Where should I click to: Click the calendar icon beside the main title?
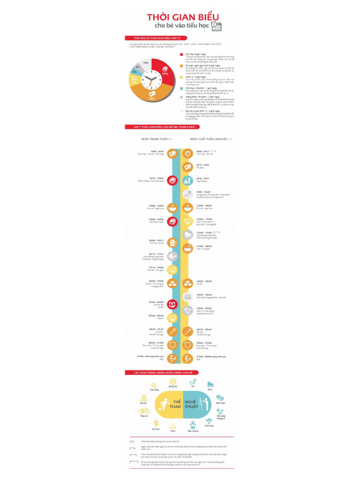216,27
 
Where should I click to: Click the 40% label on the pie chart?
152,99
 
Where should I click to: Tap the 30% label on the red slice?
165,73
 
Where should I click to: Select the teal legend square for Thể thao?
181,88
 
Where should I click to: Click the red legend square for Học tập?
181,54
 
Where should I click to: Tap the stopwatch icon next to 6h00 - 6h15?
188,153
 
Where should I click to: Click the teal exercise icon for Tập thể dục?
188,180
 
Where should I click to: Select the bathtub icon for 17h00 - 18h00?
188,247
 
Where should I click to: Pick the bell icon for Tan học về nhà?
173,242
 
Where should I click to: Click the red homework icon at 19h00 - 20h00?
173,304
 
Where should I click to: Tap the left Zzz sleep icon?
173,358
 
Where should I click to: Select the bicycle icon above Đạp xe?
144,411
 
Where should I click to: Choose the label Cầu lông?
154,389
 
